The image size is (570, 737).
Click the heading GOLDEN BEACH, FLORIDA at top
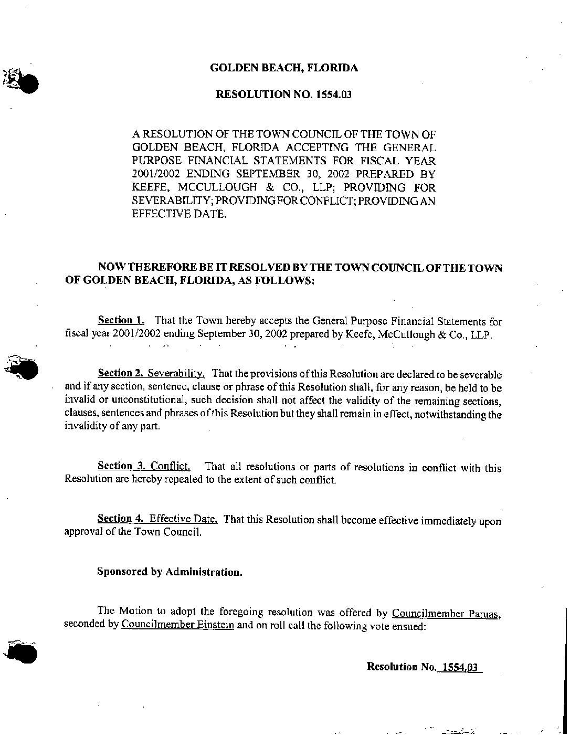284,68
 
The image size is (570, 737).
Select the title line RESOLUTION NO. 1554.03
283,95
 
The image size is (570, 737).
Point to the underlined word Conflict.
170,466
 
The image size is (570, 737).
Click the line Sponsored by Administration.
170,572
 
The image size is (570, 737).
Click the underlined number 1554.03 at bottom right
460,667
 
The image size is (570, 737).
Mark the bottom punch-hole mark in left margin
24,653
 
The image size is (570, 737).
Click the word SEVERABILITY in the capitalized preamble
168,201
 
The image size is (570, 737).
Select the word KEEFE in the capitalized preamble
149,187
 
